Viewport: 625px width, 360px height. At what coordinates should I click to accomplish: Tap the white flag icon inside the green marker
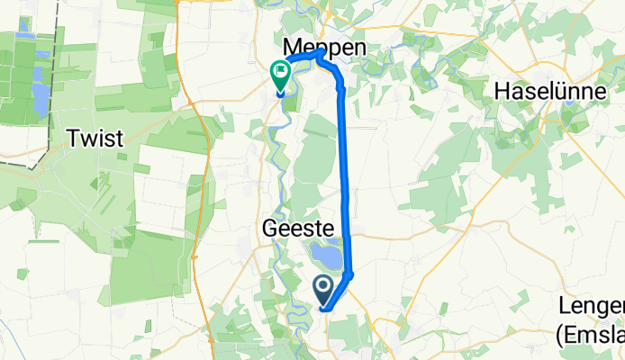coord(281,71)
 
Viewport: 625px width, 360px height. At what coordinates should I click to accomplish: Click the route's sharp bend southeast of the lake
coord(351,274)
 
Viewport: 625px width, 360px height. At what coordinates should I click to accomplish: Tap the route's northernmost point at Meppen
coord(319,53)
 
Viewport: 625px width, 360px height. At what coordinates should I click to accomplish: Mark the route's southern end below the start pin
coord(325,310)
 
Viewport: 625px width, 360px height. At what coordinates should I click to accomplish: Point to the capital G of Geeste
coord(267,229)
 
